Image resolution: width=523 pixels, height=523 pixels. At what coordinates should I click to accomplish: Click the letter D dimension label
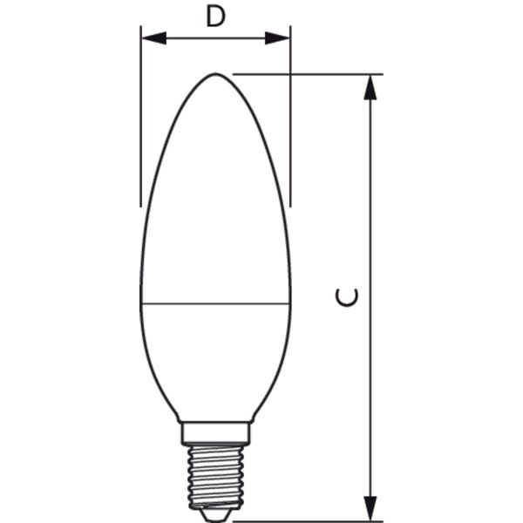click(215, 17)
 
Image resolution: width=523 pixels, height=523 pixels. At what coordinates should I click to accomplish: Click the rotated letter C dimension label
click(347, 297)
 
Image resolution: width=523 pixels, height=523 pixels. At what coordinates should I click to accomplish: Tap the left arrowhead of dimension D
click(153, 38)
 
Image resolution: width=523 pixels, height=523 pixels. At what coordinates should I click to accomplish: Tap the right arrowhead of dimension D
click(277, 38)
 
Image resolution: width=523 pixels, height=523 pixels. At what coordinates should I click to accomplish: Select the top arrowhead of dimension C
click(370, 87)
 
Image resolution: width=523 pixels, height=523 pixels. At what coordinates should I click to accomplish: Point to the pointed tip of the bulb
click(215, 74)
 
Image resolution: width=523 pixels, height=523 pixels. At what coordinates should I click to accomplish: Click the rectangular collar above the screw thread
click(215, 434)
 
